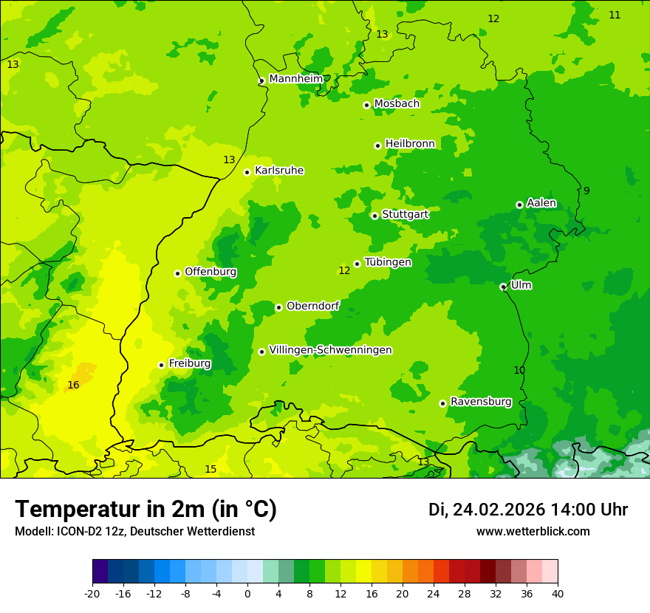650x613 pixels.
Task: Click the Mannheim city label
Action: click(296, 79)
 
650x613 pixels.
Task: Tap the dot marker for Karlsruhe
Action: click(247, 172)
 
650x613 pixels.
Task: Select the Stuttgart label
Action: click(405, 214)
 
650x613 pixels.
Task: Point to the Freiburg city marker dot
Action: click(161, 365)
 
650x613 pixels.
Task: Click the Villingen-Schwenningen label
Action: click(330, 350)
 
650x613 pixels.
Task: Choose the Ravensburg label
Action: click(481, 402)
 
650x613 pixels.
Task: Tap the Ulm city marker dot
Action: click(503, 287)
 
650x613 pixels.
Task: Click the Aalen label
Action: click(541, 203)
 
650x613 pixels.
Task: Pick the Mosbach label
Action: click(397, 104)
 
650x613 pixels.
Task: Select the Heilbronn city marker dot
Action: click(377, 145)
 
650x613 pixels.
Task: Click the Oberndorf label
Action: click(312, 306)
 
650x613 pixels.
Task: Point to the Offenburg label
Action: click(211, 272)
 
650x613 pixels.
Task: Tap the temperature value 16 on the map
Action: click(73, 385)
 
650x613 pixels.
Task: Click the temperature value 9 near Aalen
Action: click(586, 191)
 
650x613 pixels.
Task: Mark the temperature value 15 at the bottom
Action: click(211, 469)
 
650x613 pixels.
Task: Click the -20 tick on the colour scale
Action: click(92, 593)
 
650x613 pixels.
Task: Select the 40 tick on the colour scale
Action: click(558, 593)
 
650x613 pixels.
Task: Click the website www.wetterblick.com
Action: click(533, 531)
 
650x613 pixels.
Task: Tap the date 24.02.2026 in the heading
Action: click(499, 510)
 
